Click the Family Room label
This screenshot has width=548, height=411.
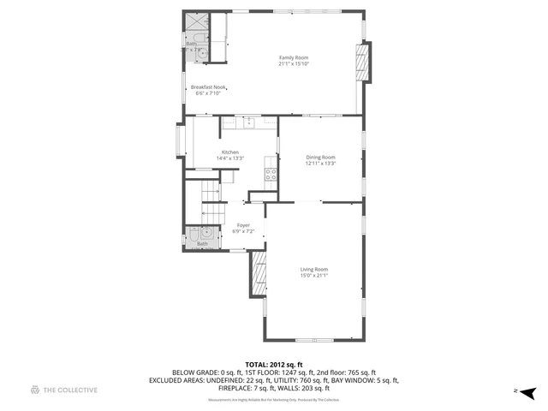click(x=293, y=57)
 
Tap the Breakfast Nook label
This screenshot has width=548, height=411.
click(x=208, y=86)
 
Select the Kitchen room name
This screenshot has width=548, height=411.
click(x=230, y=152)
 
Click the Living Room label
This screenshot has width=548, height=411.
click(x=314, y=270)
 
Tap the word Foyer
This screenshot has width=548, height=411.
click(x=243, y=225)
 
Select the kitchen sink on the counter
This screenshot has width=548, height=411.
click(x=247, y=122)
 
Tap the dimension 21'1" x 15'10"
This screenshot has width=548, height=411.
click(x=293, y=63)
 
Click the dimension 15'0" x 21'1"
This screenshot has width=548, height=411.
click(x=314, y=276)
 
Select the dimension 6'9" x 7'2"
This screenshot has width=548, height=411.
click(x=243, y=231)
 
